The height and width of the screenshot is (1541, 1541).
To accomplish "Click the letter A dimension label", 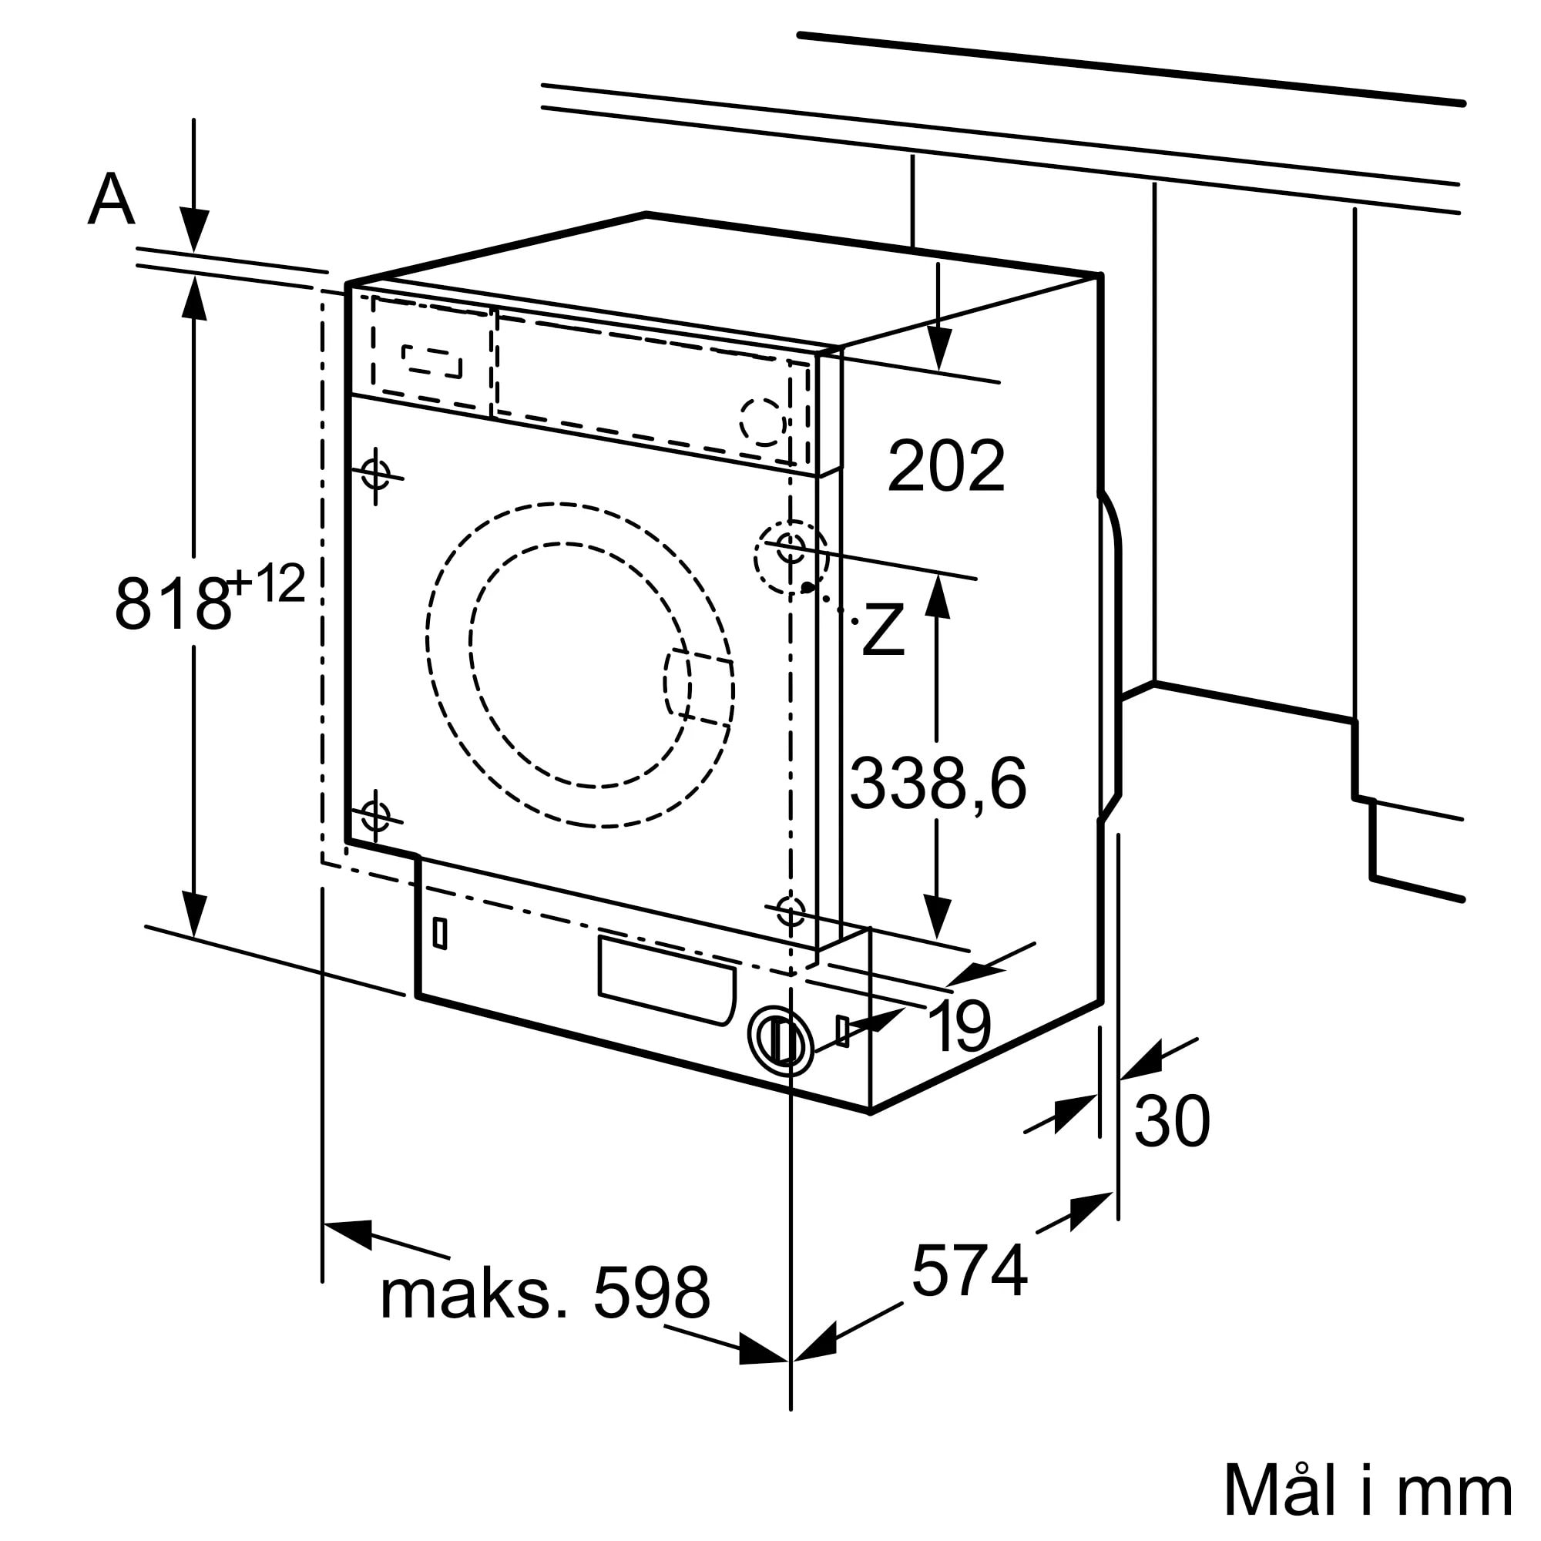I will (111, 201).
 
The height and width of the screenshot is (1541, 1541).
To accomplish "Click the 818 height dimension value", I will (172, 604).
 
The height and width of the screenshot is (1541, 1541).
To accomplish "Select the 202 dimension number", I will (946, 467).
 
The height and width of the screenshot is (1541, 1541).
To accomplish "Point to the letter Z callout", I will (884, 630).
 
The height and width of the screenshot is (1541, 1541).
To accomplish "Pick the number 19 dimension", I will (960, 1026).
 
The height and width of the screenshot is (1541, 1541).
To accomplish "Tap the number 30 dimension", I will (1172, 1123).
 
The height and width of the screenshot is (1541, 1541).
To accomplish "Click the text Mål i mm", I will (1367, 1490).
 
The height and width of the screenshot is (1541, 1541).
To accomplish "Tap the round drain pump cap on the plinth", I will (781, 1039).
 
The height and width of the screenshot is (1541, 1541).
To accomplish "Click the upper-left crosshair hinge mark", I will (376, 474).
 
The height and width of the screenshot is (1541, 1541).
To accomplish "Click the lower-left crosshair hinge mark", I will (375, 816).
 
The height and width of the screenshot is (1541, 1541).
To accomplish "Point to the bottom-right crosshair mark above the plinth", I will (791, 910).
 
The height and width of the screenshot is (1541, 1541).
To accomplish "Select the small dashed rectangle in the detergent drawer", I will (432, 361).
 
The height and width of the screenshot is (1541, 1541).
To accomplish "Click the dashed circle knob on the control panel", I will (763, 421).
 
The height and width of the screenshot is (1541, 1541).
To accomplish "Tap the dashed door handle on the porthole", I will (698, 688).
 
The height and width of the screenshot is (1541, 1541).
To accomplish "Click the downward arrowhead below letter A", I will (194, 230).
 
